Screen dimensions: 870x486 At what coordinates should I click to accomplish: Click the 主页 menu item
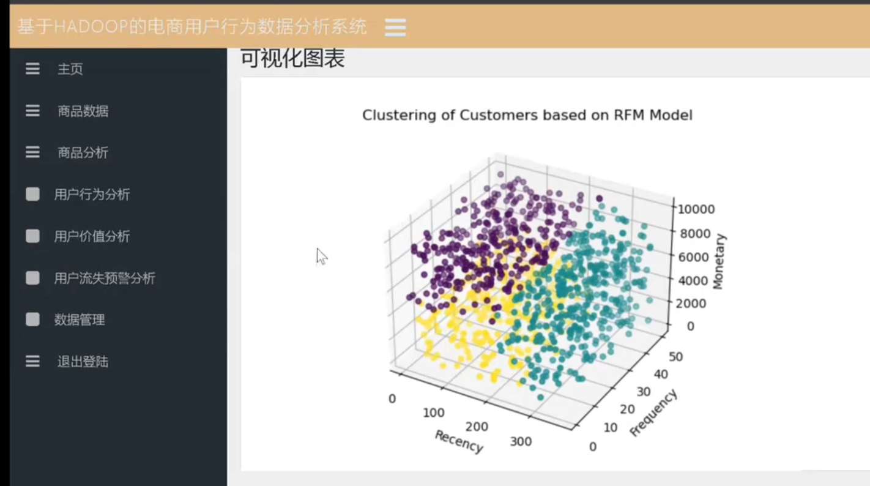[70, 69]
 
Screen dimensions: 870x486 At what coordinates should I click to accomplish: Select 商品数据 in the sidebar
[83, 111]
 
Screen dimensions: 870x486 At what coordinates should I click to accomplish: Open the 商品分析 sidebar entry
[83, 152]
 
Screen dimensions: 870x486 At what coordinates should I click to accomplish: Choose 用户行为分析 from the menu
[92, 194]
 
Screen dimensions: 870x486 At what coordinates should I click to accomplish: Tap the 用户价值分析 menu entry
[92, 236]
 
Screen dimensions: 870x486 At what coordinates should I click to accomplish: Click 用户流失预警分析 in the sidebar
[105, 278]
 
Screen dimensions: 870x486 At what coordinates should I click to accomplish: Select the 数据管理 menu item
[80, 320]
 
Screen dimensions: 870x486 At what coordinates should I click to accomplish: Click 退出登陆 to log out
[83, 362]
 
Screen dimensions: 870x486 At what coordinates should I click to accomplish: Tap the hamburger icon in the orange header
[395, 28]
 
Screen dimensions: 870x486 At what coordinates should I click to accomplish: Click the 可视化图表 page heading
[292, 59]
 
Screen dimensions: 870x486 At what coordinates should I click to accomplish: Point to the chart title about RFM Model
[527, 116]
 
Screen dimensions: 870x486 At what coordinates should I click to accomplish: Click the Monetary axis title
[719, 261]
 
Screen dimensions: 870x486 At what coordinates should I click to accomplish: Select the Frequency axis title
[653, 413]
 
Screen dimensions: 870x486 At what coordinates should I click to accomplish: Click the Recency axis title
[459, 441]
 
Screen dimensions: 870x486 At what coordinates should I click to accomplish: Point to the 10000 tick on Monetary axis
[696, 209]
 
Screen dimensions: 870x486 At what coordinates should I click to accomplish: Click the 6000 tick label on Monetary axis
[694, 257]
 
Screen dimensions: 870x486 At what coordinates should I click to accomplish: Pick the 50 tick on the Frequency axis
[676, 357]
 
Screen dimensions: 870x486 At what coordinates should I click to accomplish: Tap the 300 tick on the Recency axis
[521, 442]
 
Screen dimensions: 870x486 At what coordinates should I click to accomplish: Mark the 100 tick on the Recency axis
[434, 413]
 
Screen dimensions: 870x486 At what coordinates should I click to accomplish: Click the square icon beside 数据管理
[32, 320]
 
